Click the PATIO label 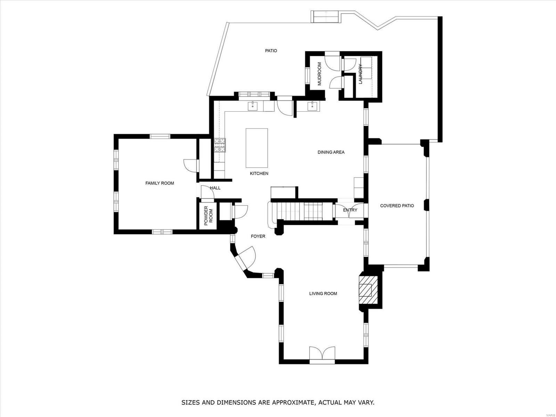(271, 51)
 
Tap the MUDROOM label (319, 74)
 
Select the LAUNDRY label (360, 74)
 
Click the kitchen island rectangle (257, 148)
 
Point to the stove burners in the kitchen (220, 145)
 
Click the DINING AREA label (331, 152)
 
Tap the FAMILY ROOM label (160, 183)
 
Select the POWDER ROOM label (208, 216)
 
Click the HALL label (215, 188)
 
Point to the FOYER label (258, 236)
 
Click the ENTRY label (350, 210)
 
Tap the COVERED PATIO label (397, 206)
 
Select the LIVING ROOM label (323, 294)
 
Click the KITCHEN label (259, 173)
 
